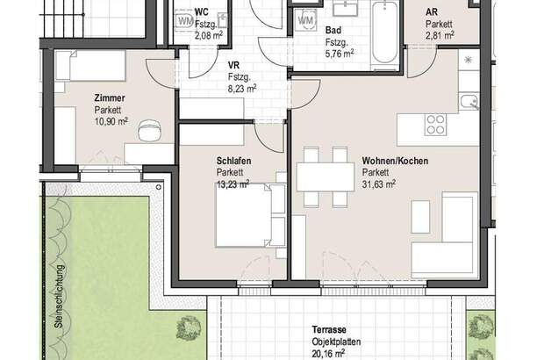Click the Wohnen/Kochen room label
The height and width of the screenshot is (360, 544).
pos(395,161)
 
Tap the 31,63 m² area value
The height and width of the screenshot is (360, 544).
pos(379,184)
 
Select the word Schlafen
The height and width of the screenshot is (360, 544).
pos(233,161)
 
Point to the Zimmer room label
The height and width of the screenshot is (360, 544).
pos(110,98)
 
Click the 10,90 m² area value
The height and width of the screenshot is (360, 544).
pos(111,121)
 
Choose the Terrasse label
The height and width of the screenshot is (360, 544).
pos(329,329)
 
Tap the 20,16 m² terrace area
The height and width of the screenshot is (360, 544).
pos(328,354)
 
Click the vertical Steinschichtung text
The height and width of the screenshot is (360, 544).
pos(60,296)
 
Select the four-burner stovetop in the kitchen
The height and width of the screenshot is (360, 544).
pos(436,125)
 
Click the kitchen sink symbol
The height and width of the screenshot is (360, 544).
pos(469,102)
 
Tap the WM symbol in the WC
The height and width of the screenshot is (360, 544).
pos(184,21)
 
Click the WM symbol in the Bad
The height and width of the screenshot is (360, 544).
pos(305,20)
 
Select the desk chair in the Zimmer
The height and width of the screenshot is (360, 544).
pos(150,130)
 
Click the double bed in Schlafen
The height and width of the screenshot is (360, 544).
pos(250,215)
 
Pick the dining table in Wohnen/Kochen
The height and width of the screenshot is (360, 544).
pos(326,177)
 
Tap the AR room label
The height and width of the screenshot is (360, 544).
pos(432,12)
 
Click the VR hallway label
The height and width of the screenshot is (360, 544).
pos(234,65)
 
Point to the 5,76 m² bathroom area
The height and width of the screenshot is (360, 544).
pos(340,54)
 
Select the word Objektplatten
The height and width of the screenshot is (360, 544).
pos(336,342)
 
